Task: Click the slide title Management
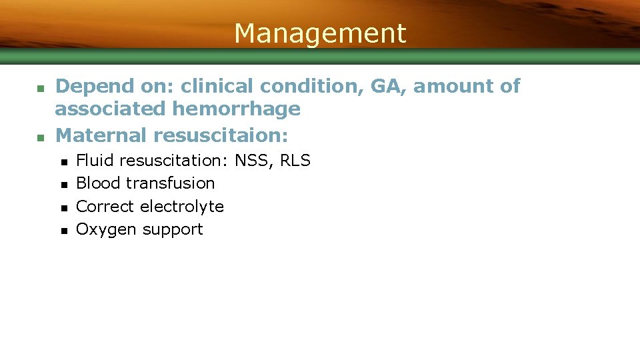320,33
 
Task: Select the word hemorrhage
236,109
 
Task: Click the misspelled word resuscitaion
220,135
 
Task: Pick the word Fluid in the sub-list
95,161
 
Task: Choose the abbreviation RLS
295,161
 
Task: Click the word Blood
98,183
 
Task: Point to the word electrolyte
185,207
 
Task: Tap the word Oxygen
105,229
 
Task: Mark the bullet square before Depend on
39,87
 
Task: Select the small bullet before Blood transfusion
63,185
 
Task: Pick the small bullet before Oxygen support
63,231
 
